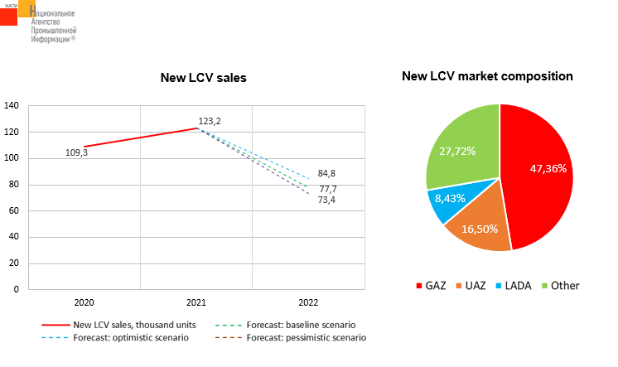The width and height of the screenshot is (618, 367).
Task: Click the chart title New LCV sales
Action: [203, 78]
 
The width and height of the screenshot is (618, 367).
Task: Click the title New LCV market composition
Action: [487, 76]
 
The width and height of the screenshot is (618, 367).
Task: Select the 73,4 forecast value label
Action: [328, 200]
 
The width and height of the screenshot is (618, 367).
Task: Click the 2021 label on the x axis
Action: [197, 303]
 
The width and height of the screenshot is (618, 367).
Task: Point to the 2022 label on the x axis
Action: [308, 303]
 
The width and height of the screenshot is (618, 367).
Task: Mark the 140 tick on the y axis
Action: [12, 105]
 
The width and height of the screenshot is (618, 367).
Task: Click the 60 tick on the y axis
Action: [14, 210]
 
